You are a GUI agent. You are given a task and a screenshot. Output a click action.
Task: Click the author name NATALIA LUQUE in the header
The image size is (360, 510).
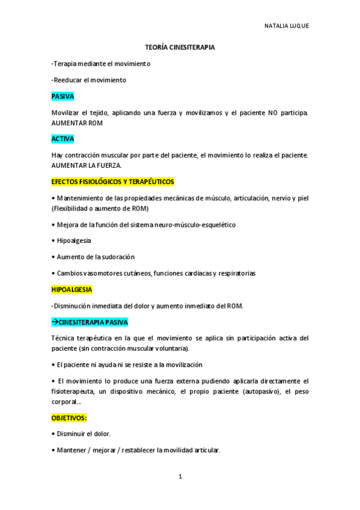tap(287, 26)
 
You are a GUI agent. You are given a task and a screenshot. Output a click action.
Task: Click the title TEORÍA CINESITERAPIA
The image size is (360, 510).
tap(180, 46)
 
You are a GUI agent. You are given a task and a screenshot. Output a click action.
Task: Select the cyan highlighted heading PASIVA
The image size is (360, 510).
tap(63, 96)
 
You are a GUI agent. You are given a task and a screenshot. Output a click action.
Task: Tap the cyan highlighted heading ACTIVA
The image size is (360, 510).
tap(63, 138)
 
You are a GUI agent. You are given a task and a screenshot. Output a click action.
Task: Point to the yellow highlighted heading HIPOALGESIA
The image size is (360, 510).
tap(72, 289)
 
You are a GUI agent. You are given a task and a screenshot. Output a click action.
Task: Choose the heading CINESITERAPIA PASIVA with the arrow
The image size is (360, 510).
tap(90, 322)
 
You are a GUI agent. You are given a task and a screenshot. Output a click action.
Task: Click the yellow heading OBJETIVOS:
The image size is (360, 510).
tap(70, 417)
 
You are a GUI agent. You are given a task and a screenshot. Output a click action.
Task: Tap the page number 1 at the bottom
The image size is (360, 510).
tap(180, 477)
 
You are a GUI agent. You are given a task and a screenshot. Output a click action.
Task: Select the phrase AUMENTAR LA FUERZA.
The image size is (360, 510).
tap(87, 165)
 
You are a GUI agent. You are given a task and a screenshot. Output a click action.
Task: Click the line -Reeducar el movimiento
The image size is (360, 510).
tap(89, 79)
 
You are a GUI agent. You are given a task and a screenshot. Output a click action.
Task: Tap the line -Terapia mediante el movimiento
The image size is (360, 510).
tap(101, 63)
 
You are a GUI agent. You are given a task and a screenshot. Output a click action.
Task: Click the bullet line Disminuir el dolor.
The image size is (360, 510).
tap(84, 433)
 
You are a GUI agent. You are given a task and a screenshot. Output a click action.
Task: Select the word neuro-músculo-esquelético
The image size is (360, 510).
tap(197, 224)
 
